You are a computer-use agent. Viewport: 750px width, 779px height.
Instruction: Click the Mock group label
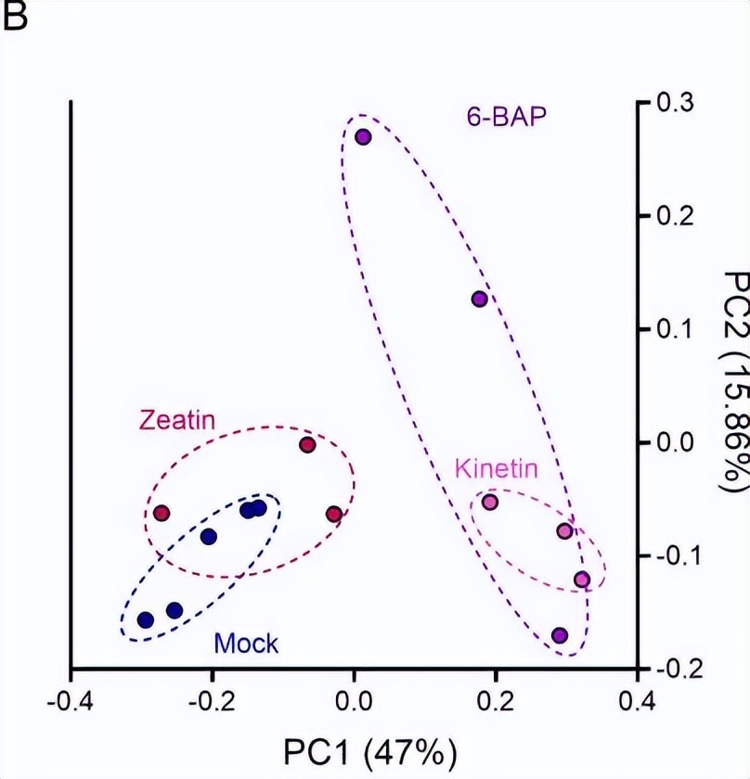(246, 642)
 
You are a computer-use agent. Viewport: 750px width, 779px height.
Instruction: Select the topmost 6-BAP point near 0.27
(363, 136)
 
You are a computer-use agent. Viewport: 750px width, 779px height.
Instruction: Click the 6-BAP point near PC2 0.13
(479, 299)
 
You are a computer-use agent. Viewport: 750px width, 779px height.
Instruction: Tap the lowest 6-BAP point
(560, 635)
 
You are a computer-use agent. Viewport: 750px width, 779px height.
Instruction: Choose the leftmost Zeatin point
(162, 513)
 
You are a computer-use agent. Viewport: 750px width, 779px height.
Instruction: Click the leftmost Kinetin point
(490, 503)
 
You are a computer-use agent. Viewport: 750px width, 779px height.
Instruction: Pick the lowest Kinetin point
(582, 580)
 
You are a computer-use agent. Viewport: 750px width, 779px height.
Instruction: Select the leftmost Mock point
(145, 619)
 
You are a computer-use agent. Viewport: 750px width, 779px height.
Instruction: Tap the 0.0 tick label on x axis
(353, 698)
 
